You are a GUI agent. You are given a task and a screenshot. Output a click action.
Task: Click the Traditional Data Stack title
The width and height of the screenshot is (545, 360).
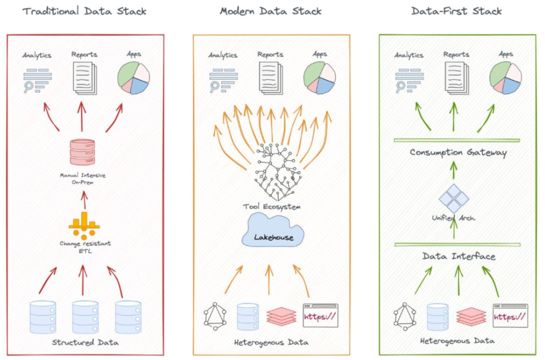(85, 11)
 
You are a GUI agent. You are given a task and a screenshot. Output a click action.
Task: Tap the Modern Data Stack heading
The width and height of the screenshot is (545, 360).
(270, 11)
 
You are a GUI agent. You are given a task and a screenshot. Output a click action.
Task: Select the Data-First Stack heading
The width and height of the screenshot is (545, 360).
(457, 11)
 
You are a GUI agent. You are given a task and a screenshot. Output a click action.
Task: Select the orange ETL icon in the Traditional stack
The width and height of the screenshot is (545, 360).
(84, 225)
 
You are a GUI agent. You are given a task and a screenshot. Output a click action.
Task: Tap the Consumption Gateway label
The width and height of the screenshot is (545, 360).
(458, 152)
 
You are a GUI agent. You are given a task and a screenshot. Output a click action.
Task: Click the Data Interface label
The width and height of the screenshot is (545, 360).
(459, 256)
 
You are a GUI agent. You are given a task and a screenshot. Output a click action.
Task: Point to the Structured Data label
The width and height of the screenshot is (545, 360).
(85, 343)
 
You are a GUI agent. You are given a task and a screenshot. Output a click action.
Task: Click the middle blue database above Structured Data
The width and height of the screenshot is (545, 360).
(84, 317)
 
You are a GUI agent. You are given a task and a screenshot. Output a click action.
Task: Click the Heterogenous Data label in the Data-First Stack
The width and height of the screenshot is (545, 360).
(457, 341)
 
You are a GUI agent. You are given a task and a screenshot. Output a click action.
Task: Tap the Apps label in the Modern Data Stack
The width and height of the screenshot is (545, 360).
(320, 54)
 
